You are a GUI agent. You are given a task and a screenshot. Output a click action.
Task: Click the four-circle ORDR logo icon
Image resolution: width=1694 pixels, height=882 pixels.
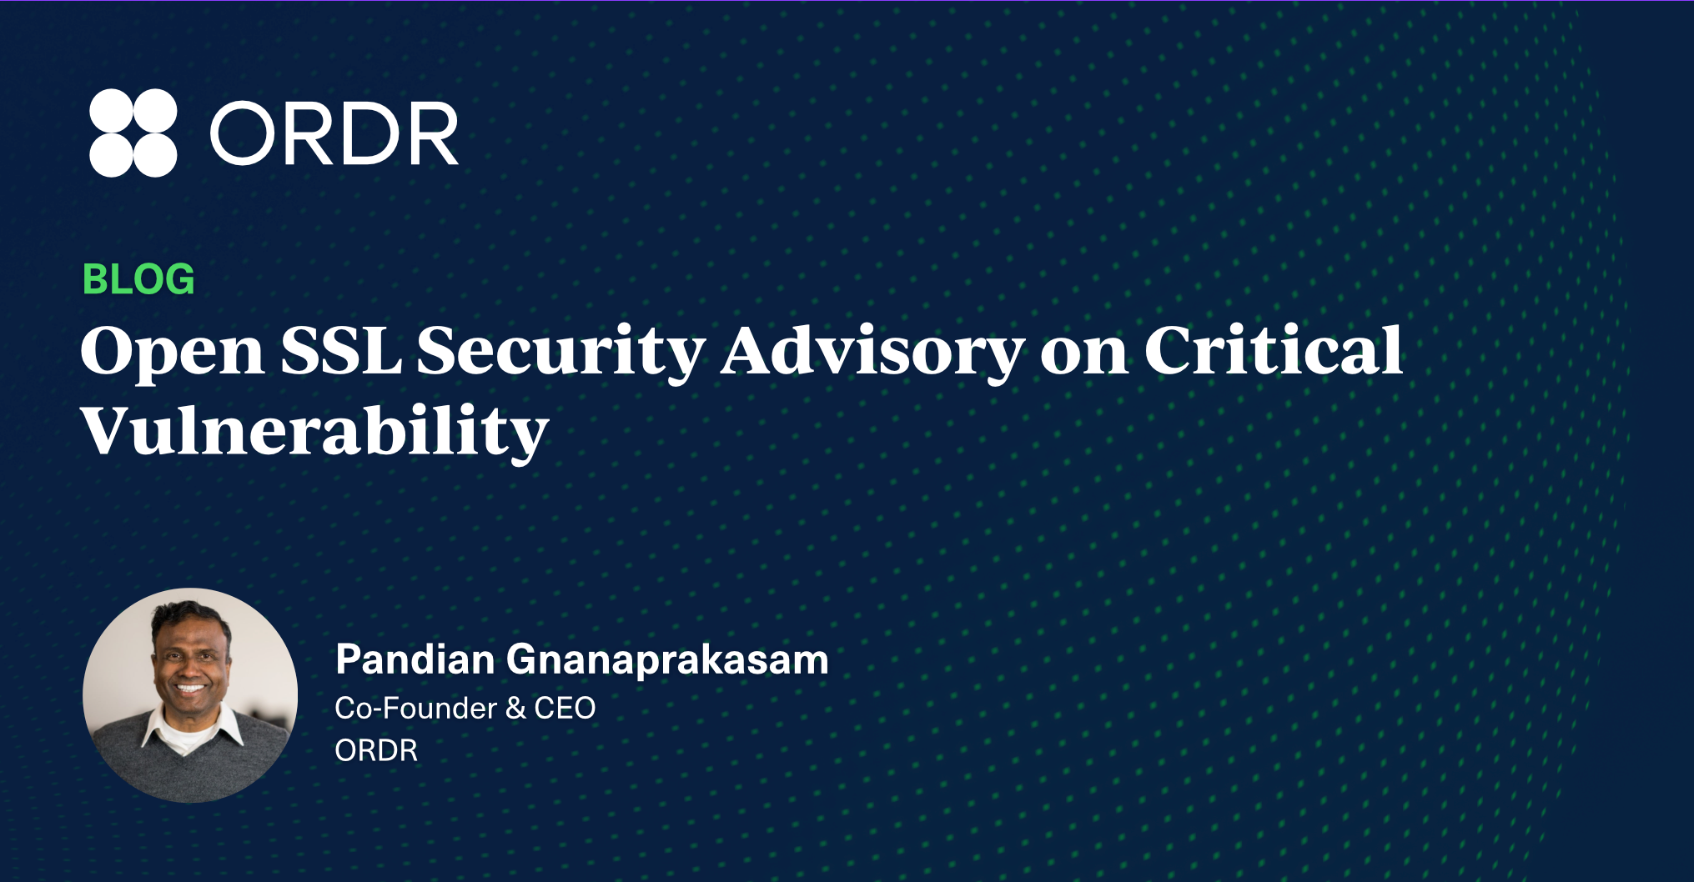pyautogui.click(x=133, y=133)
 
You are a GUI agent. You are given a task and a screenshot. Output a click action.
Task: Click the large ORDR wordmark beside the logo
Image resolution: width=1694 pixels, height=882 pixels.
pyautogui.click(x=334, y=133)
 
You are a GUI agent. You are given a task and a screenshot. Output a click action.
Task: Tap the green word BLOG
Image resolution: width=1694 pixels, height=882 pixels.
pyautogui.click(x=138, y=279)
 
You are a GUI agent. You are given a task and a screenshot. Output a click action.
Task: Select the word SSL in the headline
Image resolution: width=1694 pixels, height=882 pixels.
pyautogui.click(x=341, y=350)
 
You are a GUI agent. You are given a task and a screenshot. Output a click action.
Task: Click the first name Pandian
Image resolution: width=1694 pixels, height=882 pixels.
pyautogui.click(x=415, y=659)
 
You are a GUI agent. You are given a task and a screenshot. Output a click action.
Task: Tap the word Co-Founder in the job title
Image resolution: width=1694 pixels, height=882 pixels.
pyautogui.click(x=416, y=709)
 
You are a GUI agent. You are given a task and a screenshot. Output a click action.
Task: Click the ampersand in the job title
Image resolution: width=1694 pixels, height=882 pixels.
pyautogui.click(x=515, y=709)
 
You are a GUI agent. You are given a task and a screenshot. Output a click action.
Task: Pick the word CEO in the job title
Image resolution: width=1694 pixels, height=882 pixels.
pyautogui.click(x=565, y=709)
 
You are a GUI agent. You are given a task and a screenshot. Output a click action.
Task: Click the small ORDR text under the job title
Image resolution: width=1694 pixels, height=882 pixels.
pyautogui.click(x=376, y=751)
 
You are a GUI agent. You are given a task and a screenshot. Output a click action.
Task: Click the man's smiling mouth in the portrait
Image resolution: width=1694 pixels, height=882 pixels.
pyautogui.click(x=191, y=689)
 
